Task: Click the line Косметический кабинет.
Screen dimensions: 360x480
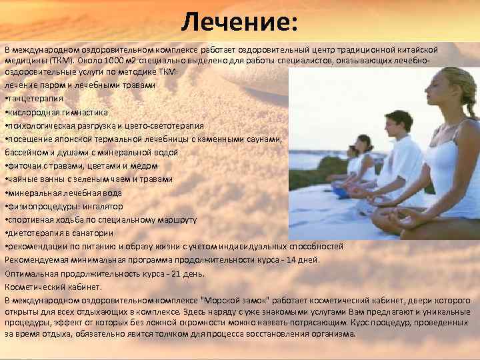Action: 53,287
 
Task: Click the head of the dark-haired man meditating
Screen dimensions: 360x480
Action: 399,123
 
